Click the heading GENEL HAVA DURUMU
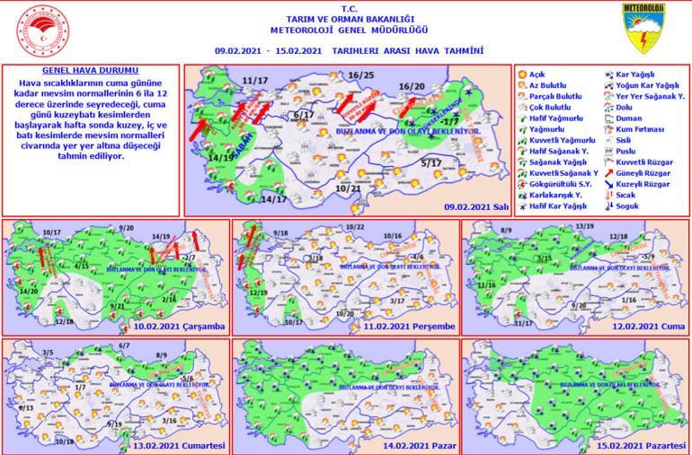(90, 69)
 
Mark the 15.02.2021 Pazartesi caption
(640, 446)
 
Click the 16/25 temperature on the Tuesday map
(361, 74)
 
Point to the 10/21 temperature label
(348, 188)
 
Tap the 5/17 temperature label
(431, 163)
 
